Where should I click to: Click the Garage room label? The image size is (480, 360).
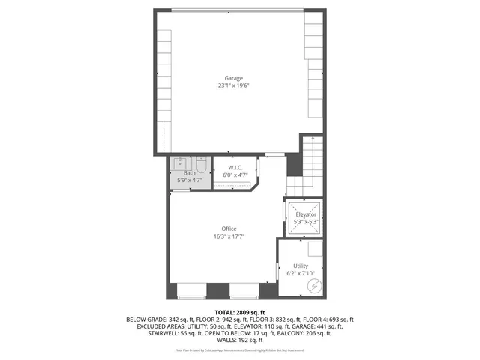[234, 78]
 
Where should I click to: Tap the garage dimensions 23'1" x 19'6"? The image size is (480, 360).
[234, 85]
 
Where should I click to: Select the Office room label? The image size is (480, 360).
[229, 229]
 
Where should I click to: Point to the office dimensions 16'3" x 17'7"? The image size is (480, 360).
[229, 236]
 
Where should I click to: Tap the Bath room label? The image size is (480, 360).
[189, 173]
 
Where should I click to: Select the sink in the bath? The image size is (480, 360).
[181, 163]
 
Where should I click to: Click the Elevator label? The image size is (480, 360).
[304, 214]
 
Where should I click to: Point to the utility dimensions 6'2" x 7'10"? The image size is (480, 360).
[301, 274]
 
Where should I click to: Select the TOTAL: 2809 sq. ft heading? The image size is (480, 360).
[240, 312]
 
